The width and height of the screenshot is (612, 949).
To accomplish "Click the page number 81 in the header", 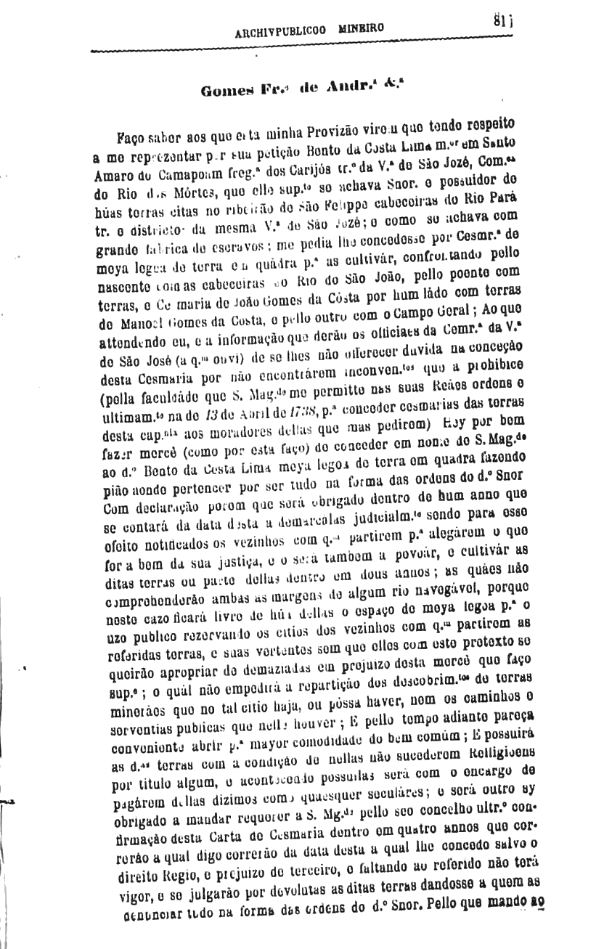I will click(499, 23).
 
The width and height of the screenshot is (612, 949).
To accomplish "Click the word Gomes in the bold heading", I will click(226, 91).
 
